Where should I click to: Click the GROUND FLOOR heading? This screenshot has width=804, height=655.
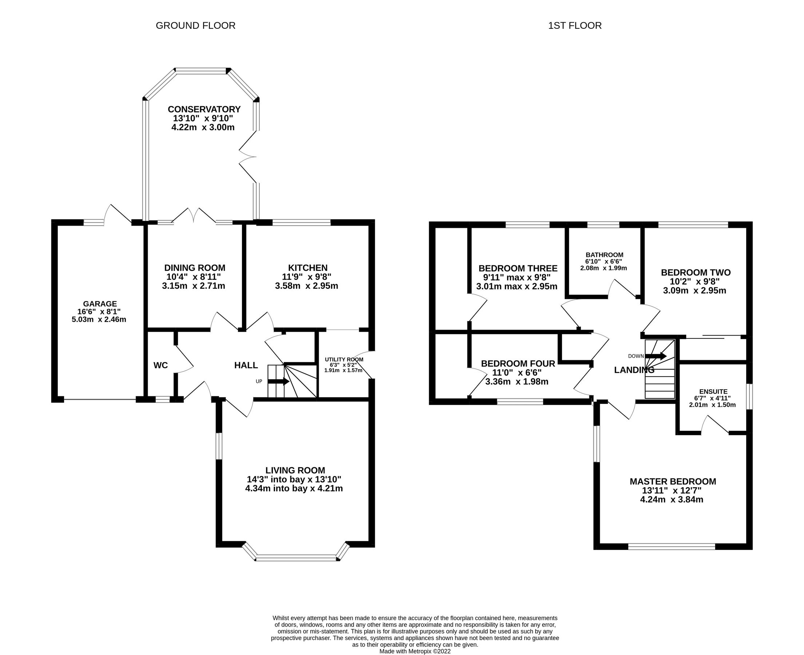point(195,26)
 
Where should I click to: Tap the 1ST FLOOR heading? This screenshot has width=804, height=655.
point(575,26)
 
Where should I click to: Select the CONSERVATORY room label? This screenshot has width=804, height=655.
point(204,110)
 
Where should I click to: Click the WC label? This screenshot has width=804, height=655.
point(160,365)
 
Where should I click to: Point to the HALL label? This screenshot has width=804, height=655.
point(246,365)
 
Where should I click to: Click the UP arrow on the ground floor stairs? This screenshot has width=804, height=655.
point(278,381)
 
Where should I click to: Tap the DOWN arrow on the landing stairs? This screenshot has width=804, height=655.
point(656,356)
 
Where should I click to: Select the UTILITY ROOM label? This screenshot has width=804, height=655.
point(343,360)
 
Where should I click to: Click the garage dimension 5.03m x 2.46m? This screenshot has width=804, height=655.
point(99,319)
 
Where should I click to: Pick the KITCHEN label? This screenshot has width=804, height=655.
point(307,268)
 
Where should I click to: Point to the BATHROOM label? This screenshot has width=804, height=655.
point(604,255)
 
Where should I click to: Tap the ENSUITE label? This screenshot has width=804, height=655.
point(713,392)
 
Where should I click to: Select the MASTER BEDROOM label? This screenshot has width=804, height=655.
point(672,481)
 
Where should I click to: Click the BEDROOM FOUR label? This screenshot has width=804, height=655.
point(518,364)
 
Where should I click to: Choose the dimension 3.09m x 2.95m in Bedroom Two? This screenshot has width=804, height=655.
point(694,290)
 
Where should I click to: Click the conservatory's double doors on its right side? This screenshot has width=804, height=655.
point(247,156)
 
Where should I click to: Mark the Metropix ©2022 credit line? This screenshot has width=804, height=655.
point(415,651)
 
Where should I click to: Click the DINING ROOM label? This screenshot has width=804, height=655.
point(195,268)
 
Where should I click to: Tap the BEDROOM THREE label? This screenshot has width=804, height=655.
point(517,269)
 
